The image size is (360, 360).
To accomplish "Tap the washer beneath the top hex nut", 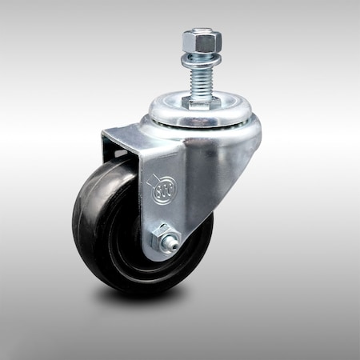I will (x=196, y=57).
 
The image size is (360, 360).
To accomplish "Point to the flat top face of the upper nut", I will (x=196, y=33).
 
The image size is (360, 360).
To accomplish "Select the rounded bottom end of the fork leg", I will (x=164, y=256).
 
